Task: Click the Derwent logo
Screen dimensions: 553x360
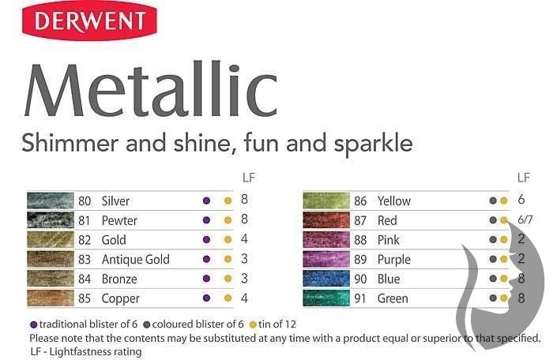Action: pos(89,21)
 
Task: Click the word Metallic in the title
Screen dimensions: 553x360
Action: pos(151,90)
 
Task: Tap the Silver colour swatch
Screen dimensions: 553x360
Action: pos(51,201)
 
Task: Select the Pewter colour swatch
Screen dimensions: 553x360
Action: pos(51,220)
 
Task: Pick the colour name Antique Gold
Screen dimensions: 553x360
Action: pos(135,260)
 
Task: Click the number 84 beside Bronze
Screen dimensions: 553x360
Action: pos(85,279)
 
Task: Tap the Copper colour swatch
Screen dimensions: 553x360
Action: pos(51,298)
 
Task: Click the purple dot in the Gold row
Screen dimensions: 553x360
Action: pos(207,240)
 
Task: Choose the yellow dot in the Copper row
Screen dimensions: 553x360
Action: pos(228,298)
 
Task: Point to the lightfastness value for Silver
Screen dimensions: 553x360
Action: pos(244,200)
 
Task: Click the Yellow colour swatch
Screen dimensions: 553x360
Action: pos(326,201)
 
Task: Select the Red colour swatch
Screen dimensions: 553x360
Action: pos(326,220)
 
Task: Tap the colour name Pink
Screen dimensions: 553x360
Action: pos(389,240)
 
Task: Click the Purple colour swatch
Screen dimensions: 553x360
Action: pos(326,259)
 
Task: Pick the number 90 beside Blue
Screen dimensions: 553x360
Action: pos(360,279)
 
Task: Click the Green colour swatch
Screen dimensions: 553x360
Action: pos(326,298)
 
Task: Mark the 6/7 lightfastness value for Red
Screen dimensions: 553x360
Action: pos(525,219)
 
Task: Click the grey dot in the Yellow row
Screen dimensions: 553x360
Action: pos(493,201)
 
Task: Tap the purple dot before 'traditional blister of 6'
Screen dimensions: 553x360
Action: pos(34,324)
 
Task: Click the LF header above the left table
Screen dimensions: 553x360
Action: pos(249,178)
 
